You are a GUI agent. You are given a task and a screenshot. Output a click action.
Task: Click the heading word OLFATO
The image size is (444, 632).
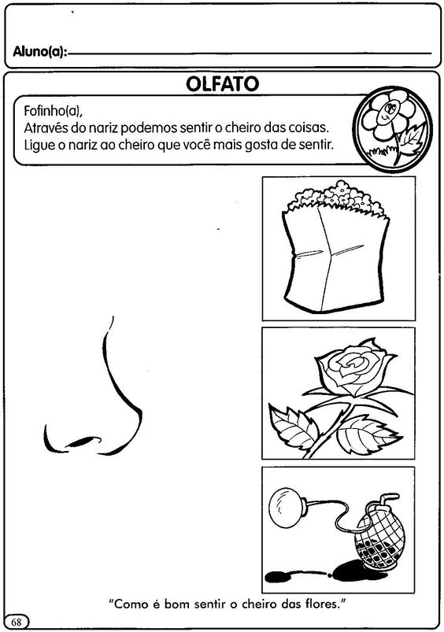(x=222, y=84)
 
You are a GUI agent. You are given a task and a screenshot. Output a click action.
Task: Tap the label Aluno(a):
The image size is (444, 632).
(x=40, y=52)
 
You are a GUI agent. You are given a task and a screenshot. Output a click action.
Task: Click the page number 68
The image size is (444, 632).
(x=16, y=622)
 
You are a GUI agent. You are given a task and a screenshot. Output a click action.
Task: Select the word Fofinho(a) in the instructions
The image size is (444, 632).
(x=53, y=110)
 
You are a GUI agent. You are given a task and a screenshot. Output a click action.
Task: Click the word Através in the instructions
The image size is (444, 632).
(x=46, y=128)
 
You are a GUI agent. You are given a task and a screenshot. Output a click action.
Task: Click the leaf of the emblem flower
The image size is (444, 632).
(x=412, y=136)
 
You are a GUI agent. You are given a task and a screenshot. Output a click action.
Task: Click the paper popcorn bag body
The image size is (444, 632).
(x=335, y=262)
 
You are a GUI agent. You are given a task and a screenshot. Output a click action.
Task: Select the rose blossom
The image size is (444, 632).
(x=352, y=366)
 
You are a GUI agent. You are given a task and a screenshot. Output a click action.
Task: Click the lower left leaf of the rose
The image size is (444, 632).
(x=292, y=427)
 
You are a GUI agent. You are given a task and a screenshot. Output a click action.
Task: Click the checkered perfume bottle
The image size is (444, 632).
(x=377, y=539)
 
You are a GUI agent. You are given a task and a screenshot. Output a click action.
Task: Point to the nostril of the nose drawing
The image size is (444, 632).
(x=84, y=442)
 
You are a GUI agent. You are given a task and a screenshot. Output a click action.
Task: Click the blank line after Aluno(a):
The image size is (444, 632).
(x=250, y=54)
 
